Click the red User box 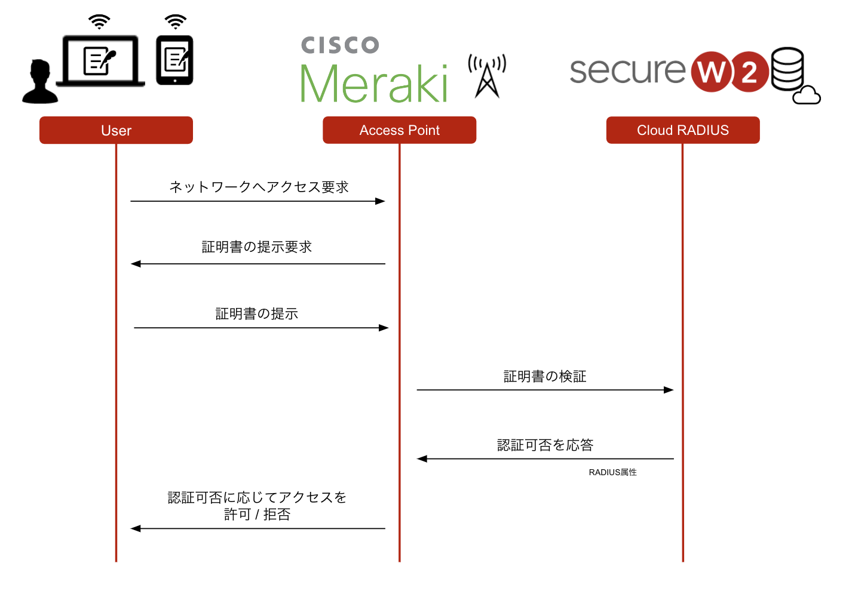pos(116,130)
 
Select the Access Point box pos(399,130)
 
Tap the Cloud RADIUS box pos(682,130)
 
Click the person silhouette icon pos(39,82)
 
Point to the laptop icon pos(100,61)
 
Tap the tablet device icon pos(174,60)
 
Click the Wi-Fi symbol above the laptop pos(99,22)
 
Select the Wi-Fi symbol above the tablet pos(175,22)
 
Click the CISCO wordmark pos(340,45)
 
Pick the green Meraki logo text pos(373,84)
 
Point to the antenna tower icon pos(487,76)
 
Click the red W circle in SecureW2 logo pos(712,72)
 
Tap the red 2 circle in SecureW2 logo pos(749,73)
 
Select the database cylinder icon pos(787,68)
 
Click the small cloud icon pos(807,96)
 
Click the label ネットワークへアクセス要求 pos(259,187)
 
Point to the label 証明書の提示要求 pos(257,247)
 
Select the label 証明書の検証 pos(545,377)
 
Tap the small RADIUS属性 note pos(612,472)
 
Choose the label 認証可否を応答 pos(545,445)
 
